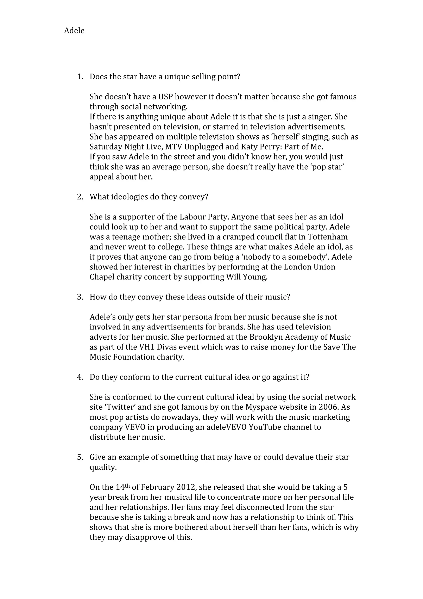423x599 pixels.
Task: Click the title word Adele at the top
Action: [74, 31]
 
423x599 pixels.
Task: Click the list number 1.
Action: [80, 77]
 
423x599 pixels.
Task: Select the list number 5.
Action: [80, 457]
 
